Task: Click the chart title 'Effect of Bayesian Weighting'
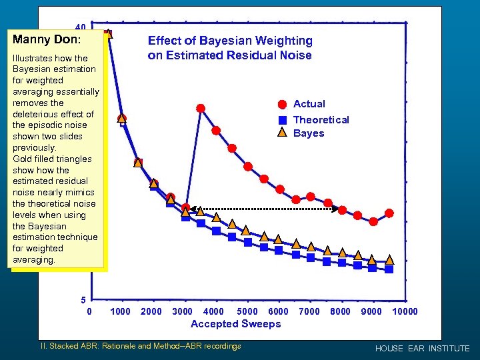tap(229, 41)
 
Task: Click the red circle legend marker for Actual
tap(282, 104)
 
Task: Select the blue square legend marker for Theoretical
tap(282, 120)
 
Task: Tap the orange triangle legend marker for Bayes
tap(282, 133)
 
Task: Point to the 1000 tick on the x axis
tap(120, 311)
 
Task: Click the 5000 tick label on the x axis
tap(247, 311)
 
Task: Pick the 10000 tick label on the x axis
tap(405, 311)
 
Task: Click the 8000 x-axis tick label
tap(340, 311)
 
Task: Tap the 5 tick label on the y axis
tap(84, 299)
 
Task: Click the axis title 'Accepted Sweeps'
tap(235, 324)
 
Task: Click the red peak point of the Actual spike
tap(201, 108)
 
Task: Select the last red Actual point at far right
tap(389, 213)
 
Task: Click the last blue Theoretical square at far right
tap(389, 269)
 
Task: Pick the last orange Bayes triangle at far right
tap(389, 260)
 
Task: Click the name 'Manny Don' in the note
tap(41, 39)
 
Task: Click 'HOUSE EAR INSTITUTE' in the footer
tap(422, 349)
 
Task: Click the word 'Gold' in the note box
tap(23, 159)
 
